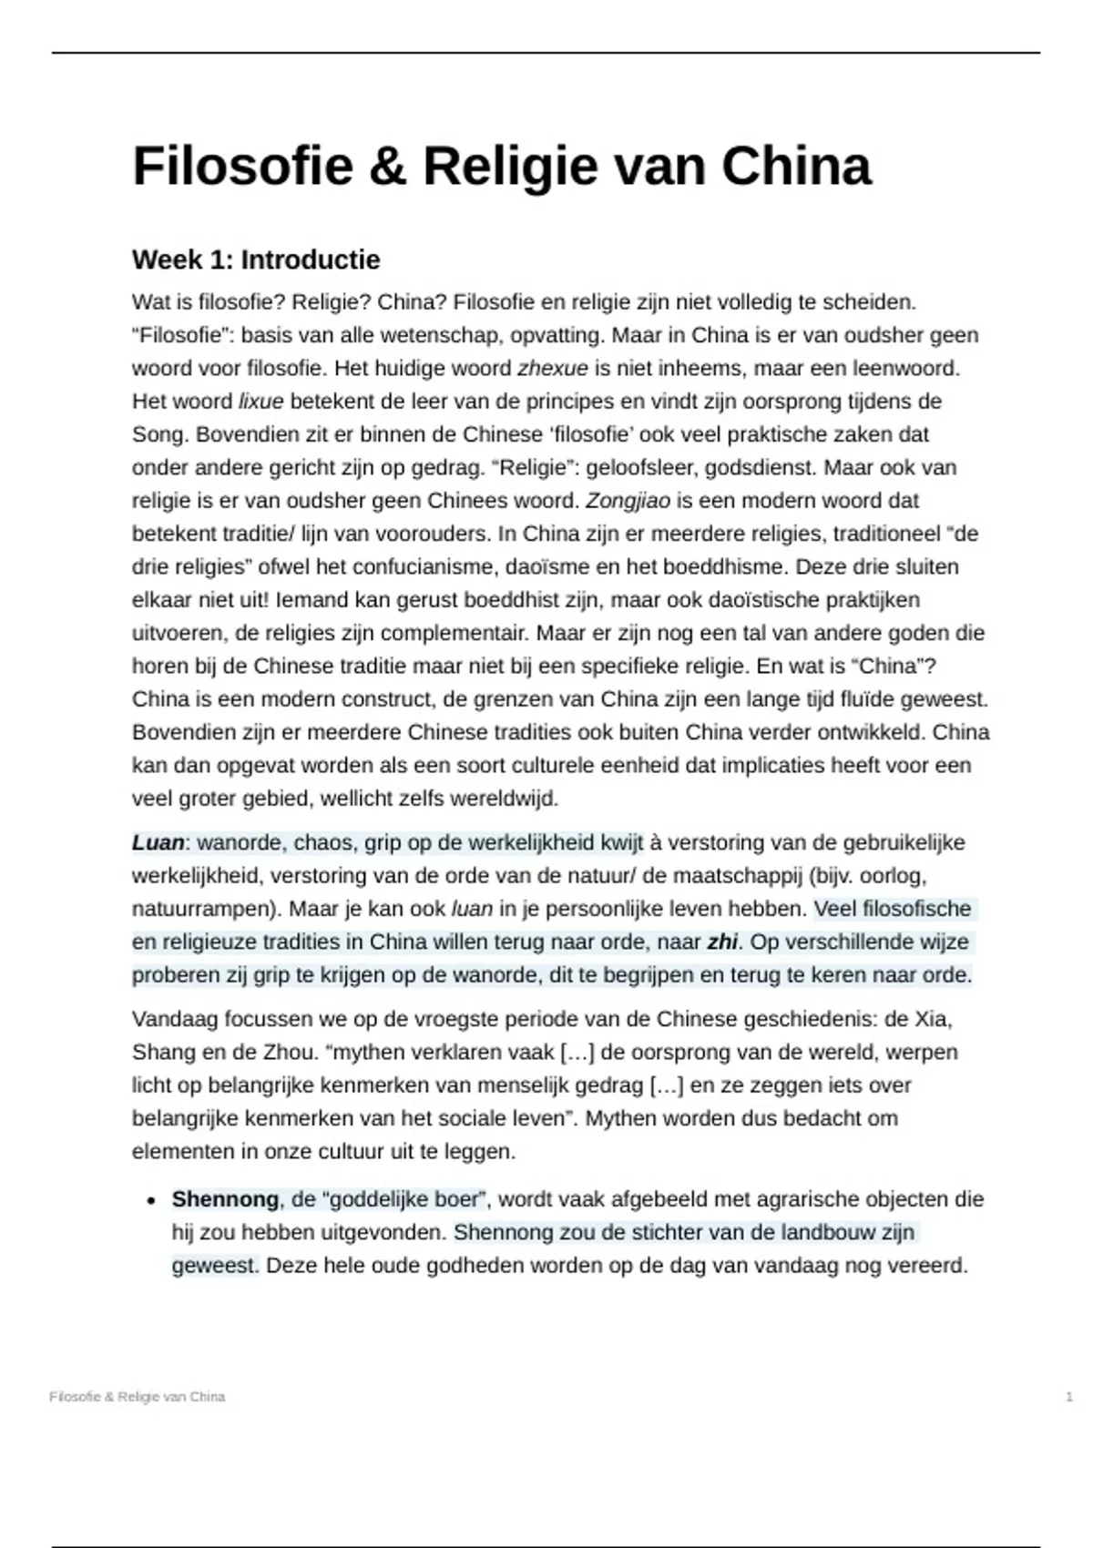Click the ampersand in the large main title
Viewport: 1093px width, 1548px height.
coord(387,167)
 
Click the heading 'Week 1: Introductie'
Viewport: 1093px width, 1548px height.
coord(256,260)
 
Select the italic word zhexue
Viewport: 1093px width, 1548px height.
coord(552,369)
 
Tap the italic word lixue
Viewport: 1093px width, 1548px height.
coord(260,402)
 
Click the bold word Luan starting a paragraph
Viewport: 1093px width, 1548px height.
coord(158,843)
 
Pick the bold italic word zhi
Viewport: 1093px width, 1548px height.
coord(721,942)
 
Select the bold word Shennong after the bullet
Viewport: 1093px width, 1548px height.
coord(225,1200)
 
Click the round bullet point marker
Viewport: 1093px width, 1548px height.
coord(151,1201)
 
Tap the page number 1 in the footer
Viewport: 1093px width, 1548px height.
coord(1068,1397)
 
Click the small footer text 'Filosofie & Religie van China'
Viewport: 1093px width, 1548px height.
coord(138,1397)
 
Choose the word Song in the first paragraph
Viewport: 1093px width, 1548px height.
coord(158,435)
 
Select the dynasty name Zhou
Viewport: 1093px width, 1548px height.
coord(289,1053)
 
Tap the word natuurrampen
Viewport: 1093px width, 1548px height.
coord(192,910)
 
